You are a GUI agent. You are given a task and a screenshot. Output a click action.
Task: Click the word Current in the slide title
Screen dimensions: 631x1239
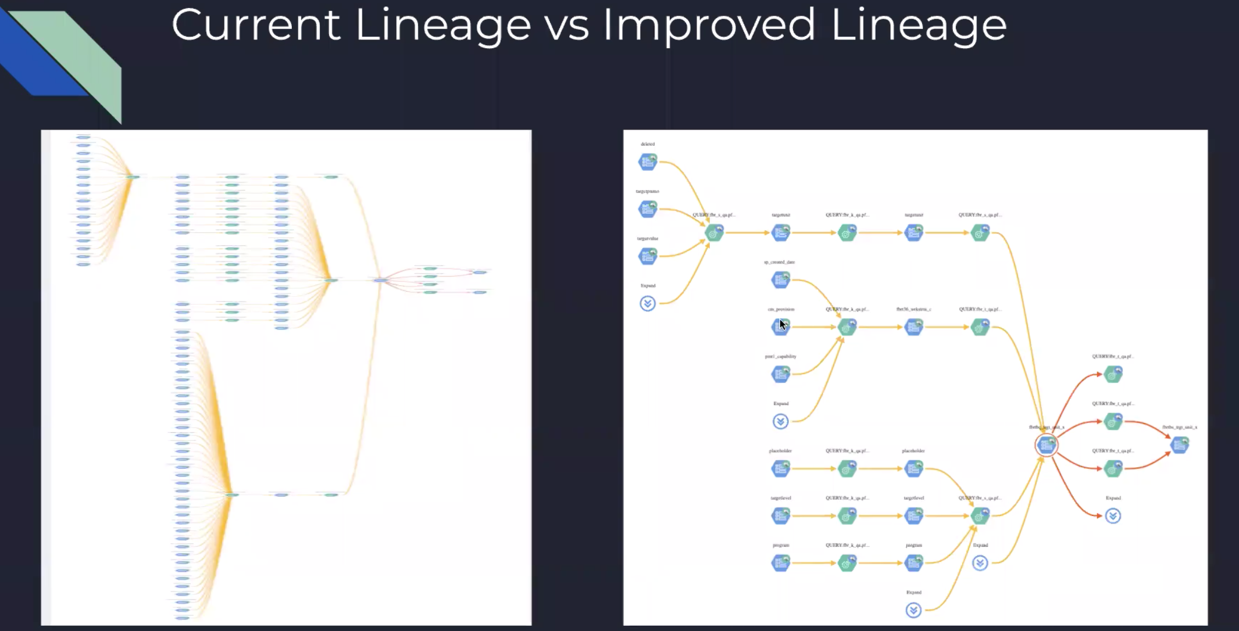point(255,26)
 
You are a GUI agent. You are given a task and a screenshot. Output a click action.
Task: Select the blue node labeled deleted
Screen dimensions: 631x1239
point(647,162)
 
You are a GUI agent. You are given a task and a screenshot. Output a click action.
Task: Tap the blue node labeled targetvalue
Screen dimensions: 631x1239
point(647,256)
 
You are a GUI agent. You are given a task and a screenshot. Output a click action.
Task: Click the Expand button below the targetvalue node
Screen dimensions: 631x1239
point(647,303)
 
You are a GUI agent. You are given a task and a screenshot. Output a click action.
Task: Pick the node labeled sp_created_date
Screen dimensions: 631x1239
point(780,280)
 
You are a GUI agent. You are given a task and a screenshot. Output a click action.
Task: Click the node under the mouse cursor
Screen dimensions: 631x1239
point(780,327)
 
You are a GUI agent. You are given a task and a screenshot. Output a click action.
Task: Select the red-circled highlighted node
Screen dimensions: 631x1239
point(1046,445)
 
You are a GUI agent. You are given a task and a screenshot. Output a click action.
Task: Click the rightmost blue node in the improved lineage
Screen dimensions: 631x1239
point(1180,445)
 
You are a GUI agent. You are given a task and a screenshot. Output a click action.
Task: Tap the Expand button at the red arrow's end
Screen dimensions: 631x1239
point(1113,516)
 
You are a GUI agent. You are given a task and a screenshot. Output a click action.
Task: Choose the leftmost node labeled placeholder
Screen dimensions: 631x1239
point(780,468)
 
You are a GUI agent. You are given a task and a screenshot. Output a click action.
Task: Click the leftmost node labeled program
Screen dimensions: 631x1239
point(780,562)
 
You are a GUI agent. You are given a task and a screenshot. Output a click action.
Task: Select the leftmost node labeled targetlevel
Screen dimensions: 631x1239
point(780,515)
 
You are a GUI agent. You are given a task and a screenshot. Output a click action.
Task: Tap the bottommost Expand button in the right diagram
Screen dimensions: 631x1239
point(913,610)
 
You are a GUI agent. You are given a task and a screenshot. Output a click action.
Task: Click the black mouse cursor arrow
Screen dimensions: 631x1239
point(783,325)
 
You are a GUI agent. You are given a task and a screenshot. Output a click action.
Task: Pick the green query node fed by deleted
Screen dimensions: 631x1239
point(714,233)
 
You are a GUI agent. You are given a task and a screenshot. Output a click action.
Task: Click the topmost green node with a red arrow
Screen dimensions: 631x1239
point(1113,374)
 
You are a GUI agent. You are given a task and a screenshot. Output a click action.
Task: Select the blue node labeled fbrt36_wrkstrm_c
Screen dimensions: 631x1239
point(913,327)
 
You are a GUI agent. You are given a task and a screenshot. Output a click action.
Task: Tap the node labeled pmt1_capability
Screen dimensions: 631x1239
point(780,374)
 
